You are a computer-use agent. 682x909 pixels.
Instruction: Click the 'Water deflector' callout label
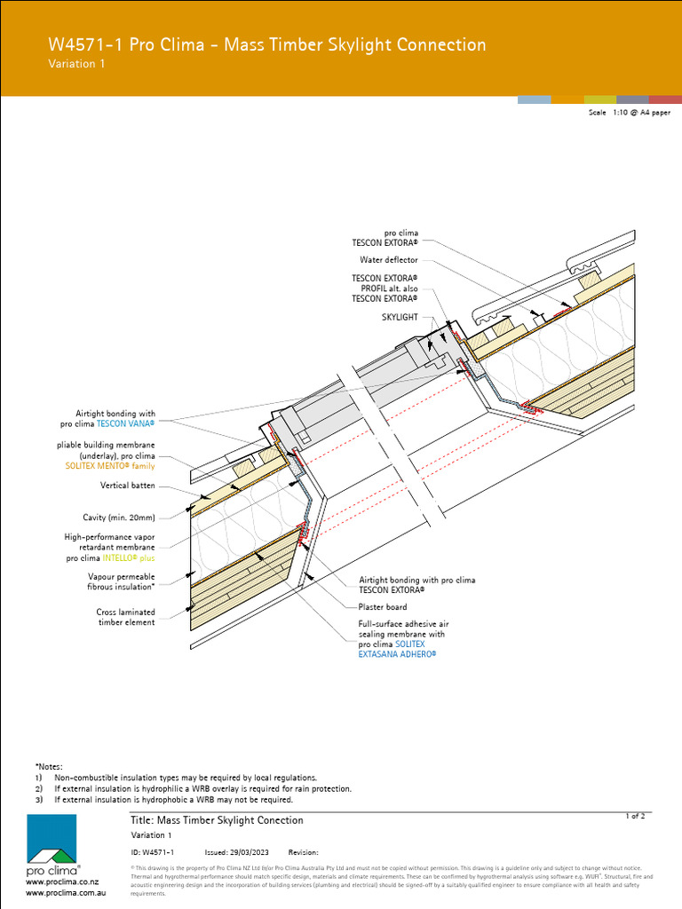[x=388, y=260]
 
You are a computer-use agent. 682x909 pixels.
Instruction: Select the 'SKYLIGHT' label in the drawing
[x=400, y=317]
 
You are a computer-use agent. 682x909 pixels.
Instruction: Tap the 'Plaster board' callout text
[x=383, y=607]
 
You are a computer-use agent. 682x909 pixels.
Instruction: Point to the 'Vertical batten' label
[x=128, y=486]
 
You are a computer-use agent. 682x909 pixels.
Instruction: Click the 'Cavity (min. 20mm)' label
[x=119, y=518]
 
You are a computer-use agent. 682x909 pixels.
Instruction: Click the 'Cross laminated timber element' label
[x=125, y=617]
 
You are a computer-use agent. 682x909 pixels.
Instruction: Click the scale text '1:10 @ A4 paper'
[x=640, y=114]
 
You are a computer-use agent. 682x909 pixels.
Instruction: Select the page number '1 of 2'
[x=636, y=815]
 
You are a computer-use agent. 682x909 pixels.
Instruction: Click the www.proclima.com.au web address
[x=66, y=892]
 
